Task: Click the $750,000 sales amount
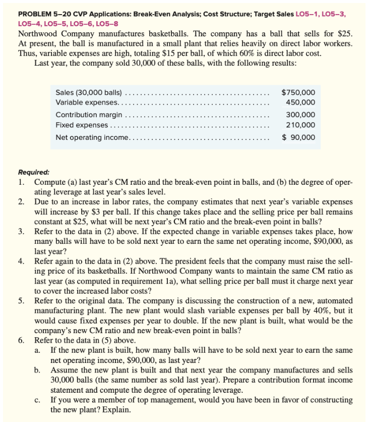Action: click(298, 92)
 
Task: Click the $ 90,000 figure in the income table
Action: click(299, 137)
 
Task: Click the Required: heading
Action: click(34, 171)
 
